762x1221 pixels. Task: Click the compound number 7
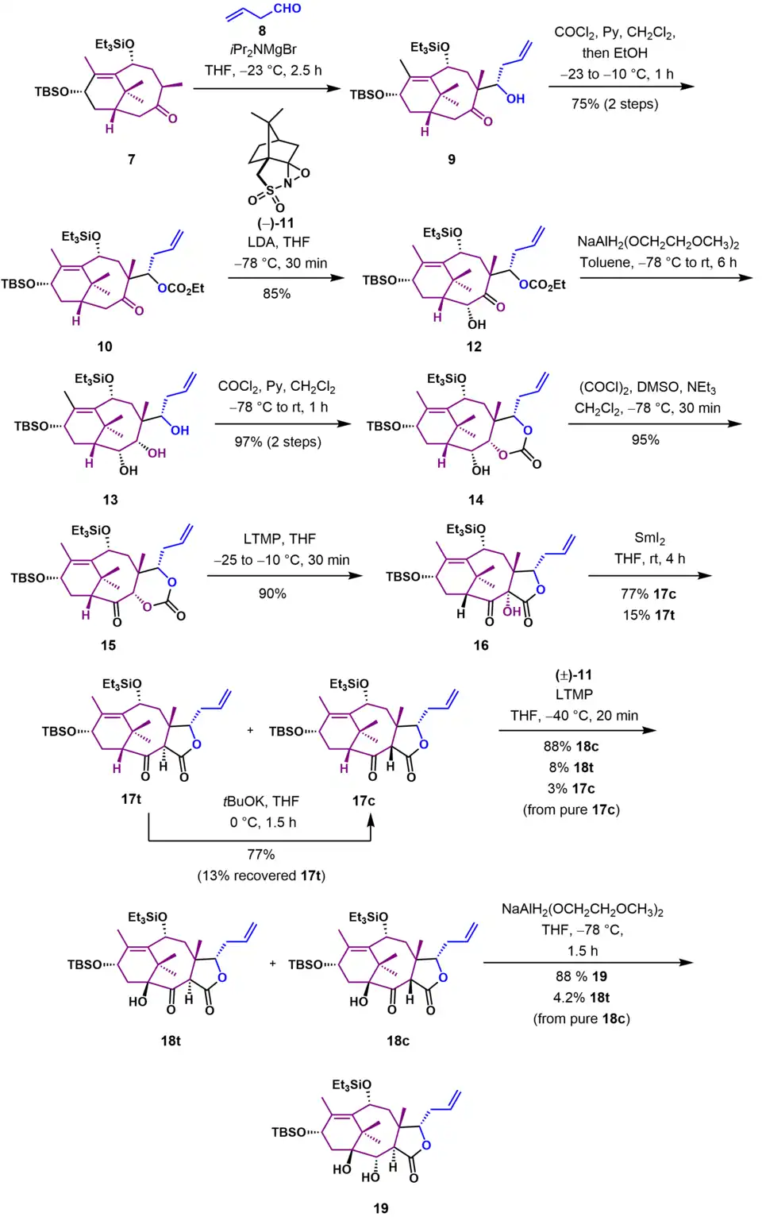[x=132, y=159]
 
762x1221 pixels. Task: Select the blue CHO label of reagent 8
[x=287, y=9]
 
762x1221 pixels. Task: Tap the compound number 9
[x=452, y=159]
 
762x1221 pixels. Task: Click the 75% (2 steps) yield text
[x=614, y=104]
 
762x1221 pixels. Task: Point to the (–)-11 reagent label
[x=275, y=223]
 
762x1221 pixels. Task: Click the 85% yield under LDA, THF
[x=276, y=294]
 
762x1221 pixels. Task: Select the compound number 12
[x=474, y=346]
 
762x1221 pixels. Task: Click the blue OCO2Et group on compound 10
[x=181, y=288]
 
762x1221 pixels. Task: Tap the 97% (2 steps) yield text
[x=278, y=442]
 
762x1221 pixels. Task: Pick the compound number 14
[x=475, y=500]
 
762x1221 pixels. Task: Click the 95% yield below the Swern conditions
[x=645, y=440]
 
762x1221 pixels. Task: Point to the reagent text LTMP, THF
[x=279, y=539]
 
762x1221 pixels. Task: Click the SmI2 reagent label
[x=649, y=539]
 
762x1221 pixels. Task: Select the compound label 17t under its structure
[x=131, y=799]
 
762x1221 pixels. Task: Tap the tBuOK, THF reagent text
[x=260, y=802]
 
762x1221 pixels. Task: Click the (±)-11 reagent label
[x=573, y=675]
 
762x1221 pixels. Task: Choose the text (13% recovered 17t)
[x=261, y=875]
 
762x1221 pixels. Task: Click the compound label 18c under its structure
[x=398, y=1041]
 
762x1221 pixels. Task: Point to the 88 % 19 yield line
[x=581, y=976]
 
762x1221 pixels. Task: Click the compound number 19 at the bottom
[x=381, y=1208]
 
